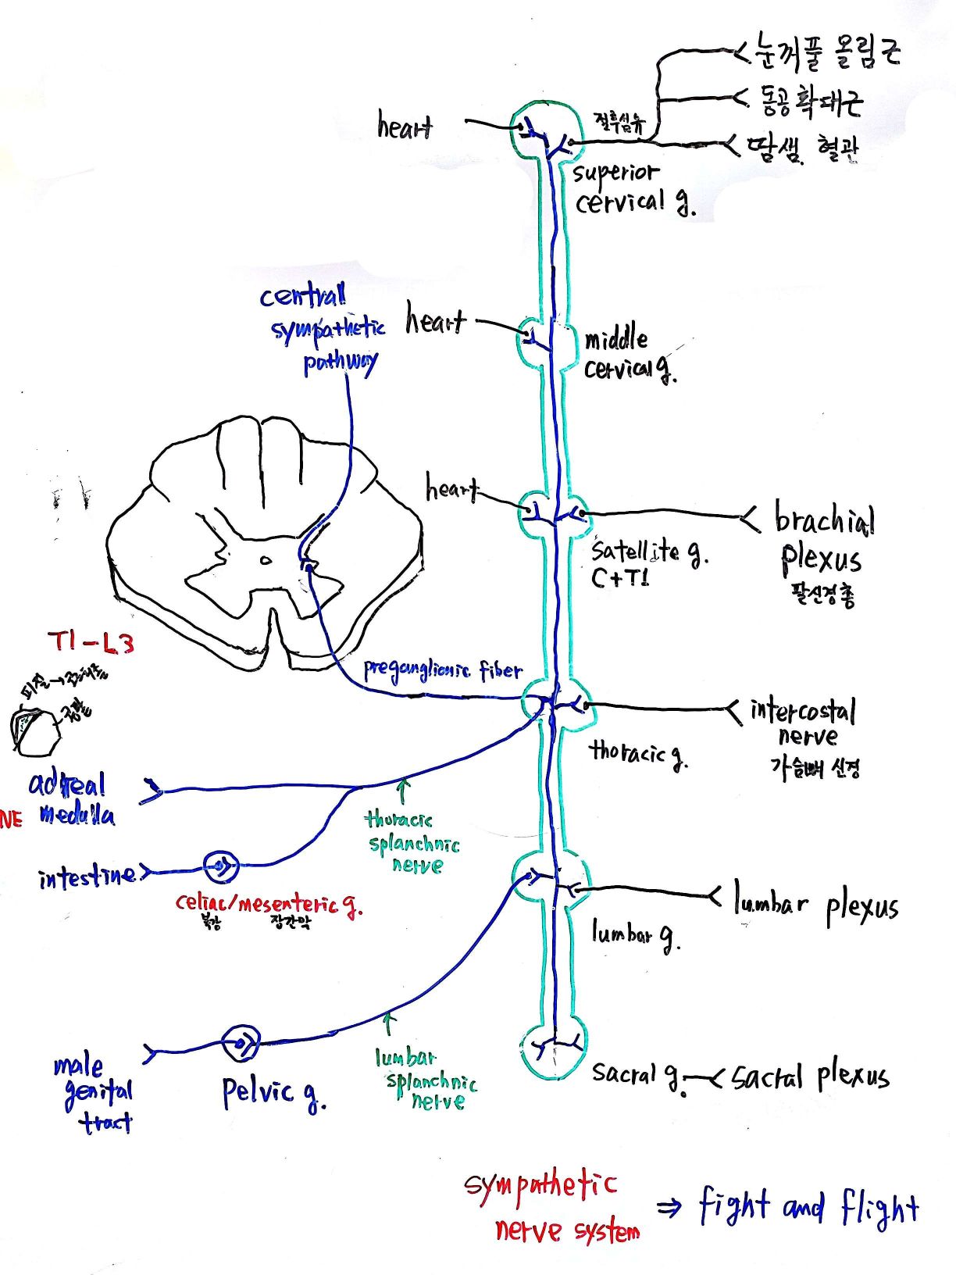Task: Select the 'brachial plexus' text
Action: [x=823, y=539]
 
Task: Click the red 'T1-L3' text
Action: [x=91, y=642]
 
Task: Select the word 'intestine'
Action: [x=87, y=876]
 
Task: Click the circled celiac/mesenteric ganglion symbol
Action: [x=221, y=866]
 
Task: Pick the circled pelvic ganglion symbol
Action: [x=240, y=1043]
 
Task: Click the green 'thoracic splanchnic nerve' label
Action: [x=412, y=843]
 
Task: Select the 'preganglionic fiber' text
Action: [x=441, y=670]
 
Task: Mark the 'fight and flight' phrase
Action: [x=808, y=1207]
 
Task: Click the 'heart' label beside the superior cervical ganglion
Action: [x=404, y=126]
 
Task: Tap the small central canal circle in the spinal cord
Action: [x=266, y=559]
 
